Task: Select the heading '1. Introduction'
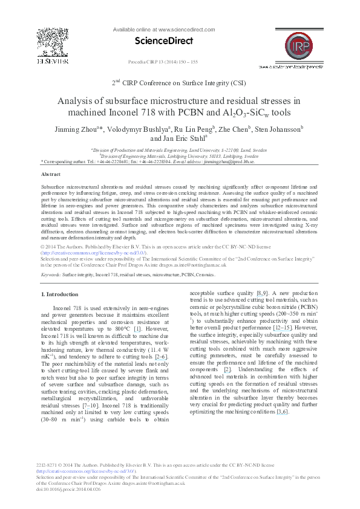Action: pyautogui.click(x=59, y=294)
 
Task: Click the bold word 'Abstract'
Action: pyautogui.click(x=50, y=173)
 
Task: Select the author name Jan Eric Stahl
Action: pyautogui.click(x=185, y=138)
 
